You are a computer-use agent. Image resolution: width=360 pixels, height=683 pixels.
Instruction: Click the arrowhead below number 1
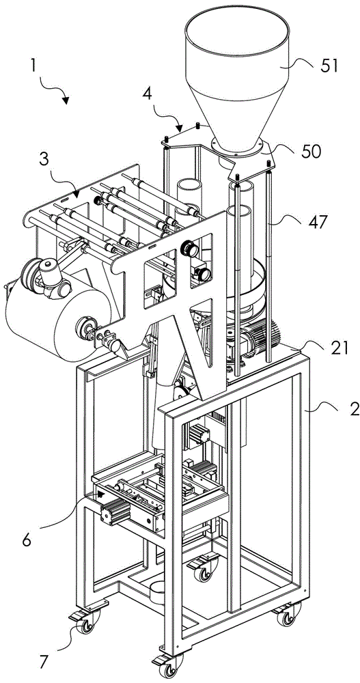pos(66,101)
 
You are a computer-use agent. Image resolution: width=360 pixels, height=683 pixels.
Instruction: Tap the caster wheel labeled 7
pos(85,625)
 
